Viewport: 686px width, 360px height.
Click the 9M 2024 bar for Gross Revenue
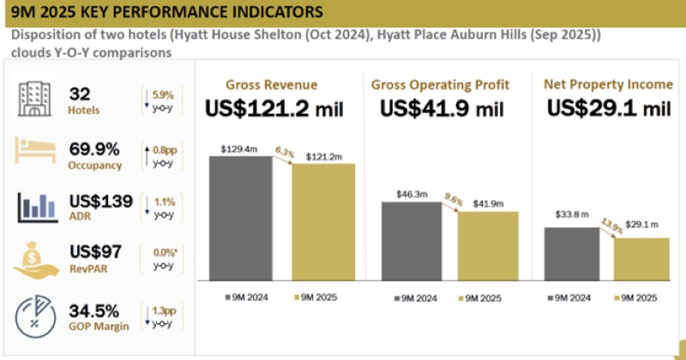tap(241, 219)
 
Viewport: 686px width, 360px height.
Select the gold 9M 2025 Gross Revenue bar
tap(323, 222)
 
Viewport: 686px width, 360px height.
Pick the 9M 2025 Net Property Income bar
tap(641, 260)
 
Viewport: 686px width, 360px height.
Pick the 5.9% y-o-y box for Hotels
tap(160, 100)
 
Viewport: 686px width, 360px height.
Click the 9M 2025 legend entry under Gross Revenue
tap(315, 297)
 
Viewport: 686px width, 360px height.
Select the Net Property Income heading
tap(606, 84)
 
